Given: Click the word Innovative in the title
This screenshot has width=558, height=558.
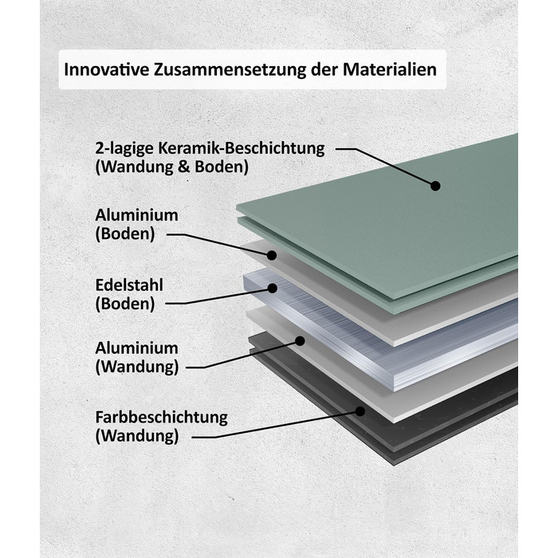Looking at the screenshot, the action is pyautogui.click(x=106, y=69).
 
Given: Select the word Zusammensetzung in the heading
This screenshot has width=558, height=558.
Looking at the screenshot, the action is pyautogui.click(x=230, y=70).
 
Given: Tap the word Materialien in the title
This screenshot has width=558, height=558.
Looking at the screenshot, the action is pyautogui.click(x=390, y=69).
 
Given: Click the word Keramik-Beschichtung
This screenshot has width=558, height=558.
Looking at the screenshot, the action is pyautogui.click(x=242, y=148).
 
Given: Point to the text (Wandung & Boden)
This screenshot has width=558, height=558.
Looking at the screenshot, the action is pyautogui.click(x=172, y=167).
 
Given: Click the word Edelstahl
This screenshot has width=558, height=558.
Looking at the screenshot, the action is pyautogui.click(x=129, y=285).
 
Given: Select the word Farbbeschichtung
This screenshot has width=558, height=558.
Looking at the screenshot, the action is pyautogui.click(x=162, y=418).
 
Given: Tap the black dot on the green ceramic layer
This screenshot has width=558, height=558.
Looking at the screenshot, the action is pyautogui.click(x=435, y=186).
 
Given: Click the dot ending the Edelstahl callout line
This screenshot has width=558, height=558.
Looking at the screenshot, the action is pyautogui.click(x=273, y=289).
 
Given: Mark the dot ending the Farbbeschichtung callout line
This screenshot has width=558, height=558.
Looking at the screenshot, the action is pyautogui.click(x=360, y=411).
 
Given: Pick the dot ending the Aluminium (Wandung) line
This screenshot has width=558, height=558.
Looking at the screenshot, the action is pyautogui.click(x=300, y=341).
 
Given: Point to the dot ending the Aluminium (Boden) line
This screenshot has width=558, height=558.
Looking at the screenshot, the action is pyautogui.click(x=272, y=255).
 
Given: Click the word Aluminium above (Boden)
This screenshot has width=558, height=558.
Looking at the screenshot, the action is pyautogui.click(x=136, y=215).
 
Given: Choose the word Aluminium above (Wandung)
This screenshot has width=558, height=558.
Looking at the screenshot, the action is pyautogui.click(x=136, y=348).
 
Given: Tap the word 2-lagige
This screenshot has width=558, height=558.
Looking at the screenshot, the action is pyautogui.click(x=124, y=148).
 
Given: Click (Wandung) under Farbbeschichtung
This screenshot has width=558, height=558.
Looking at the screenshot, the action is pyautogui.click(x=137, y=436).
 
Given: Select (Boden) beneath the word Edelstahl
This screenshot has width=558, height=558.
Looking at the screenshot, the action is pyautogui.click(x=125, y=305).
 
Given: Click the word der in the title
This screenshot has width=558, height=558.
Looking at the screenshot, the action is pyautogui.click(x=324, y=69).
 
